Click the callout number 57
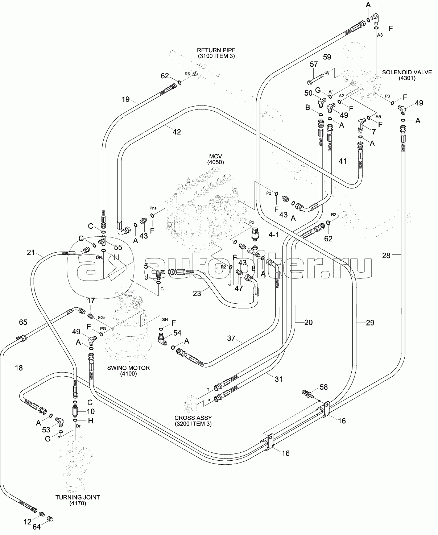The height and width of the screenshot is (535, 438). (314, 64)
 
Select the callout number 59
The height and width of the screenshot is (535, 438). (327, 57)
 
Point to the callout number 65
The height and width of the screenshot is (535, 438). (23, 322)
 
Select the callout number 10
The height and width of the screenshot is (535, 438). (90, 411)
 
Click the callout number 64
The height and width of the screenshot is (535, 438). (37, 527)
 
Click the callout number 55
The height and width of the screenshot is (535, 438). (117, 247)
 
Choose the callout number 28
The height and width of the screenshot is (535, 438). (386, 256)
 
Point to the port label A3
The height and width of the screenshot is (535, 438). (380, 35)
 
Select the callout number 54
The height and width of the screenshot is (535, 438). (177, 333)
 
